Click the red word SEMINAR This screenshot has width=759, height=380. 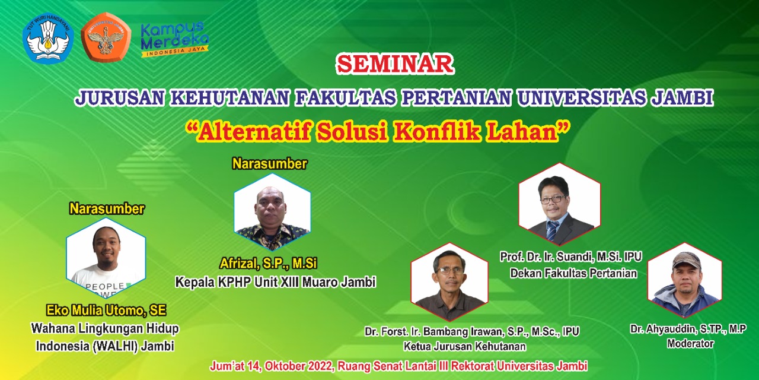[395, 65]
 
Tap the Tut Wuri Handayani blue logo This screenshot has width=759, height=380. [47, 38]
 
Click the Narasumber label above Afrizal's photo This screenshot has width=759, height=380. [269, 164]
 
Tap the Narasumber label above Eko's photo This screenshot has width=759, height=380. [107, 208]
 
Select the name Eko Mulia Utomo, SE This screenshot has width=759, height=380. [106, 310]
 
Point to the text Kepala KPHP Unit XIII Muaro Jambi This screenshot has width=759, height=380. [275, 282]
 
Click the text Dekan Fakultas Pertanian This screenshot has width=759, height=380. [573, 274]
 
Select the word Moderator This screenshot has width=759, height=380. [690, 343]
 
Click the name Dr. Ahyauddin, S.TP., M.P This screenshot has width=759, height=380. [688, 329]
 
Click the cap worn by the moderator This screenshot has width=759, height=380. [687, 259]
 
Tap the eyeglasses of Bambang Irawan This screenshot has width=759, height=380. [449, 271]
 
